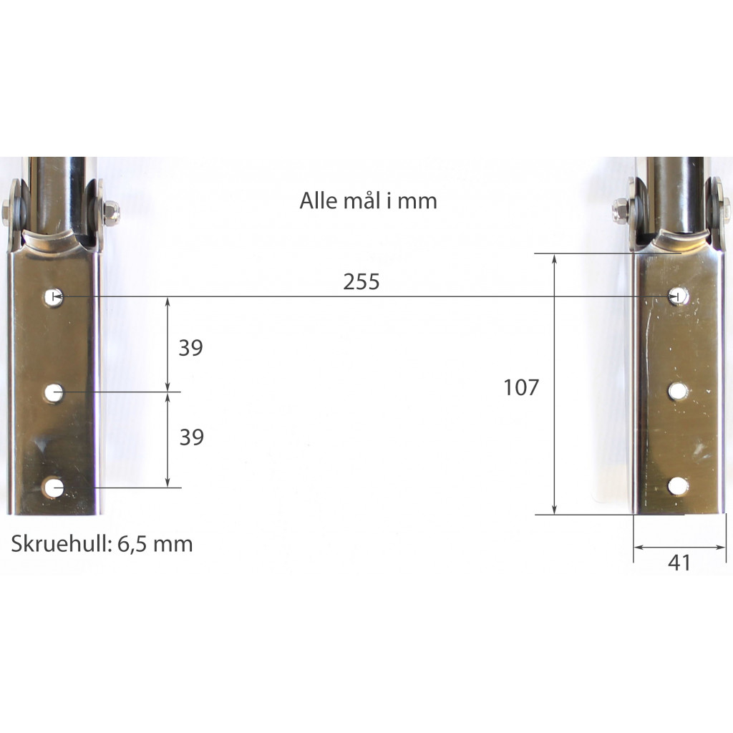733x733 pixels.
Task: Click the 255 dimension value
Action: pos(361,282)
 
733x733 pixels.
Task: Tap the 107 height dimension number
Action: pos(521,387)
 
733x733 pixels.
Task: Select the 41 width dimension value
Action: pos(679,563)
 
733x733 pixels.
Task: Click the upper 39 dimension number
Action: pos(190,349)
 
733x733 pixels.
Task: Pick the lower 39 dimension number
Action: pos(192,437)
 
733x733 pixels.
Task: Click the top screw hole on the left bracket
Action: pos(54,297)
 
